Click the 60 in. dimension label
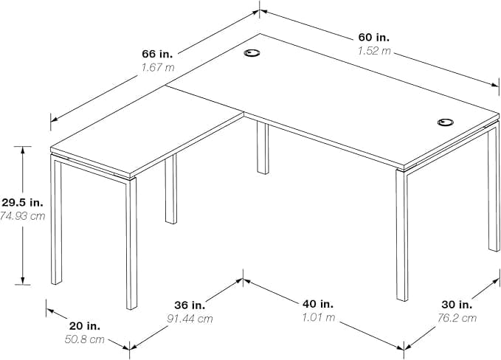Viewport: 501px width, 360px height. [x=373, y=38]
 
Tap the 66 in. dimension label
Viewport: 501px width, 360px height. [x=157, y=54]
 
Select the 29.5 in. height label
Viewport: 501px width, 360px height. [x=22, y=202]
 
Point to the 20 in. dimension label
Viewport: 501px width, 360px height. [x=85, y=326]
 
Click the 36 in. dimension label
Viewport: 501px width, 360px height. [x=190, y=305]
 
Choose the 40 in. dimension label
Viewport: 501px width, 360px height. [x=318, y=304]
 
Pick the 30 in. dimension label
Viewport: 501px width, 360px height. [x=457, y=305]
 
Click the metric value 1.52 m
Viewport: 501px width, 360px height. [x=374, y=51]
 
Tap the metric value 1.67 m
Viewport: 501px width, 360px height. [x=158, y=67]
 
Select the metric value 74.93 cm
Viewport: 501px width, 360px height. [x=22, y=216]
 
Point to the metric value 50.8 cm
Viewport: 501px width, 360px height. [x=85, y=339]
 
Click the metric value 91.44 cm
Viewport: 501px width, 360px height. [x=190, y=319]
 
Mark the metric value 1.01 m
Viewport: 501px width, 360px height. [x=319, y=317]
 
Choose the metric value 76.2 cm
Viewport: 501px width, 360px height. [x=457, y=318]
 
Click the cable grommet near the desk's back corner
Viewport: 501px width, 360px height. [x=252, y=53]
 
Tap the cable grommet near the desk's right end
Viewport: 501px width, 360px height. [x=446, y=122]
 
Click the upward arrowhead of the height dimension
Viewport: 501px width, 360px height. [x=22, y=150]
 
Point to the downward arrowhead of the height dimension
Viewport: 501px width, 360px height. [x=22, y=280]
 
